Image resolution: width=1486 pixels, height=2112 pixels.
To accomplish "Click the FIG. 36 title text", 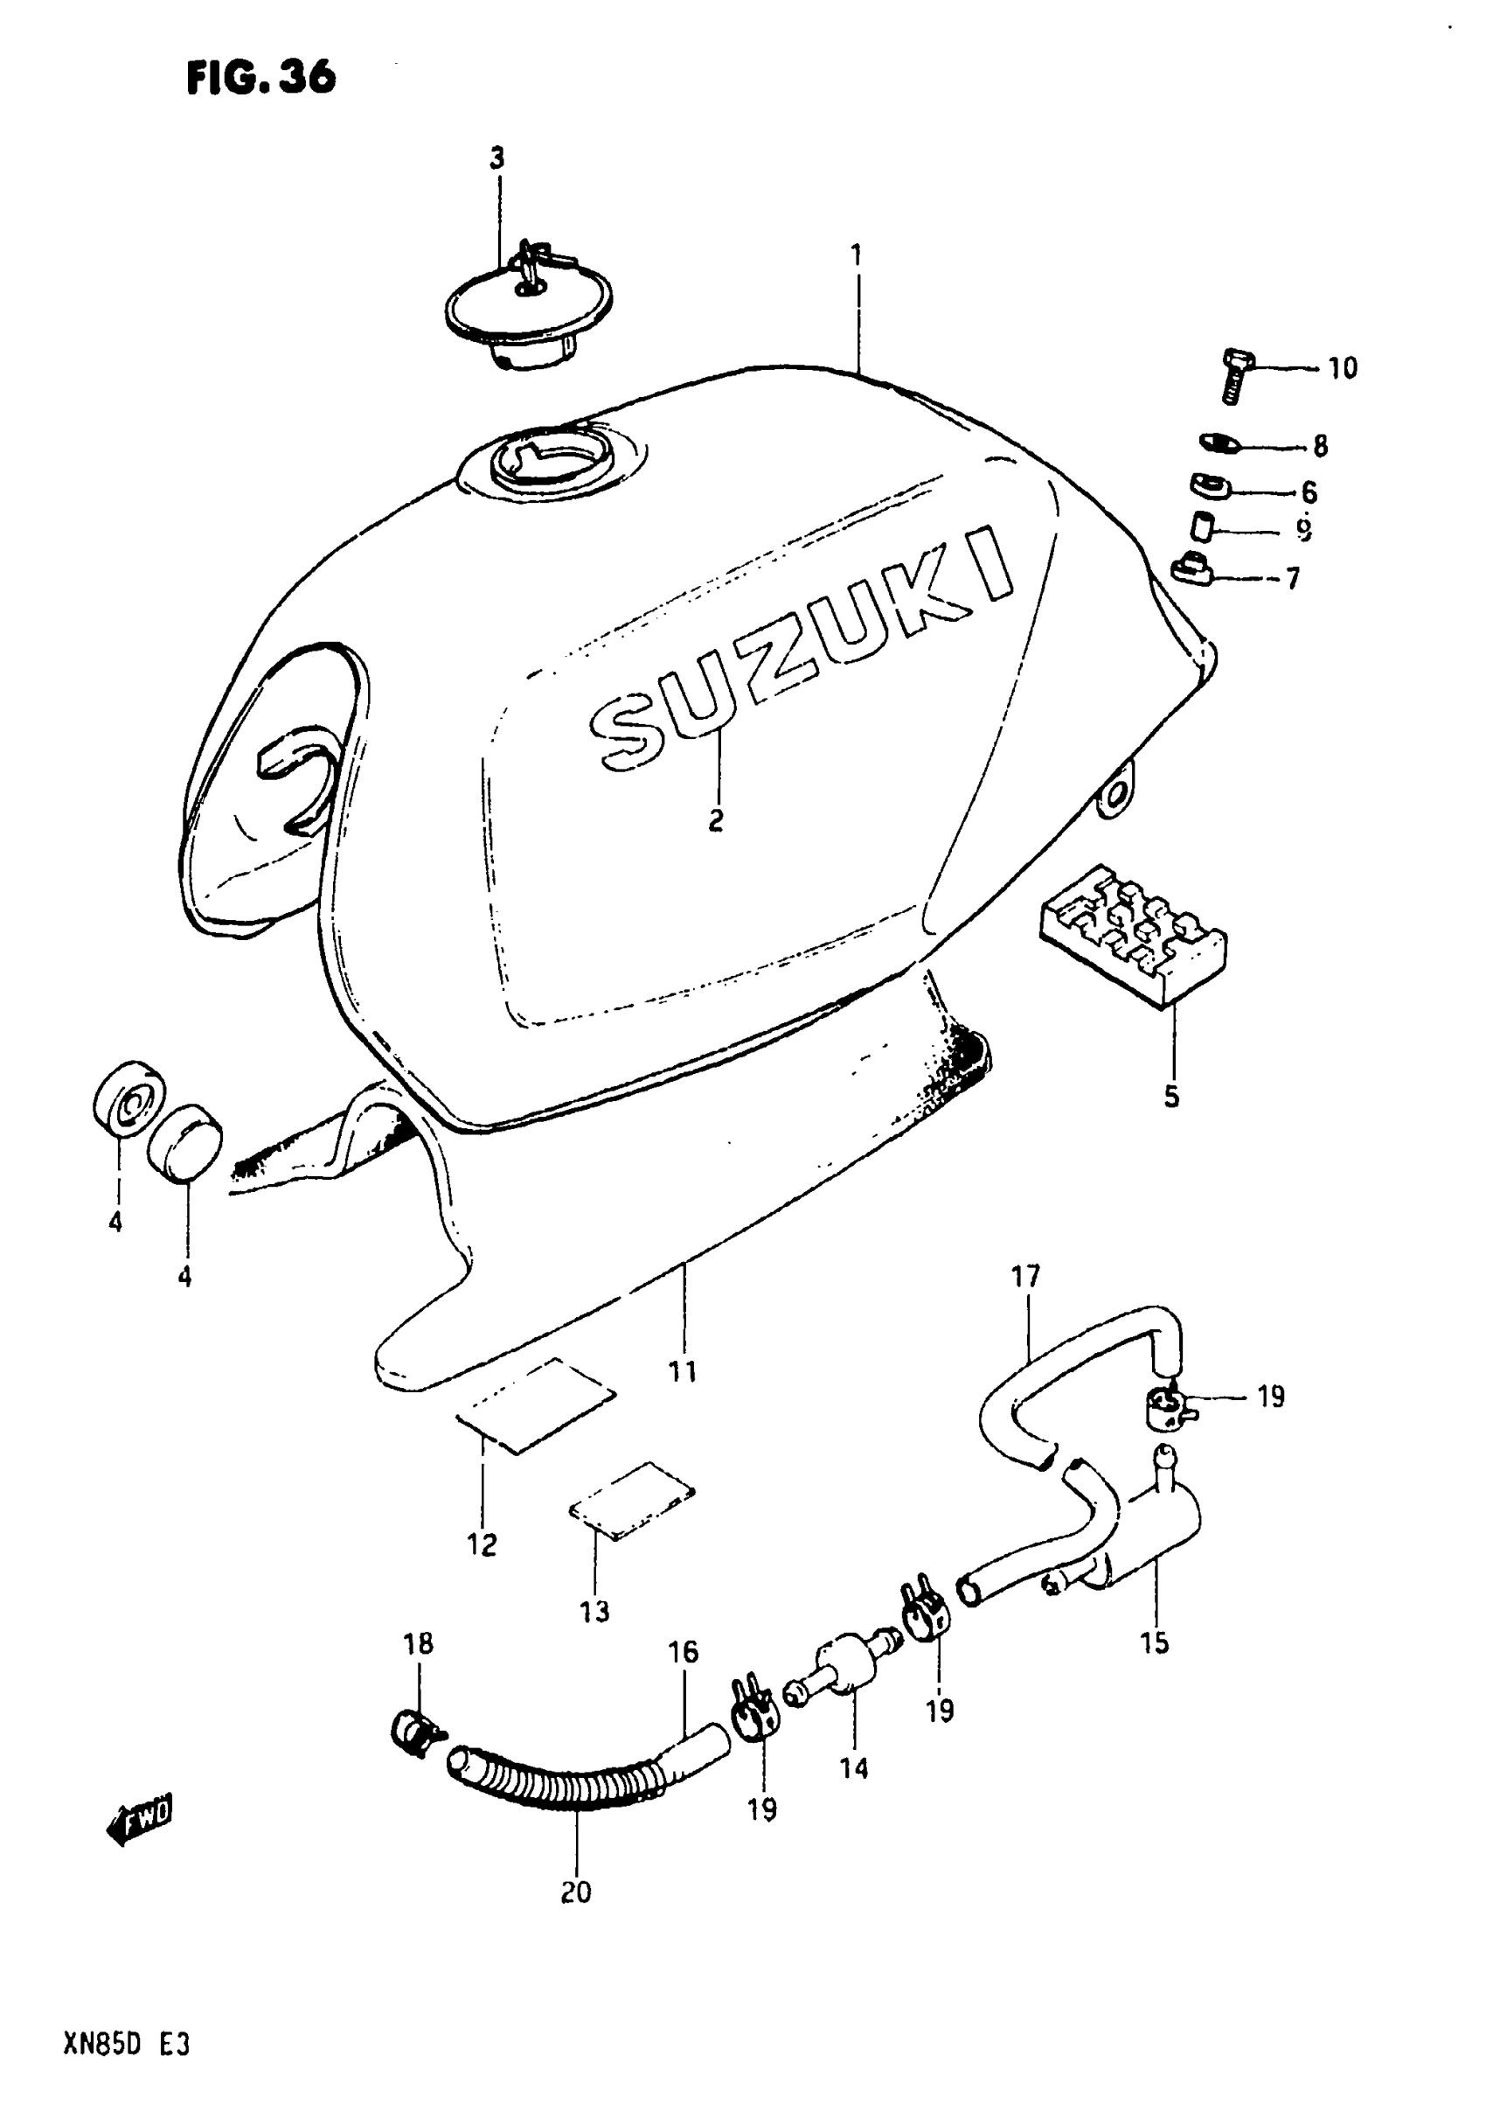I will [x=261, y=77].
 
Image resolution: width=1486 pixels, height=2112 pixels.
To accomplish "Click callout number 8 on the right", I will [x=1320, y=447].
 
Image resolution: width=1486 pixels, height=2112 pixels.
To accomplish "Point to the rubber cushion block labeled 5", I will [x=1133, y=936].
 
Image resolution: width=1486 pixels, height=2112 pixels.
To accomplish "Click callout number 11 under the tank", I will [x=683, y=1372].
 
